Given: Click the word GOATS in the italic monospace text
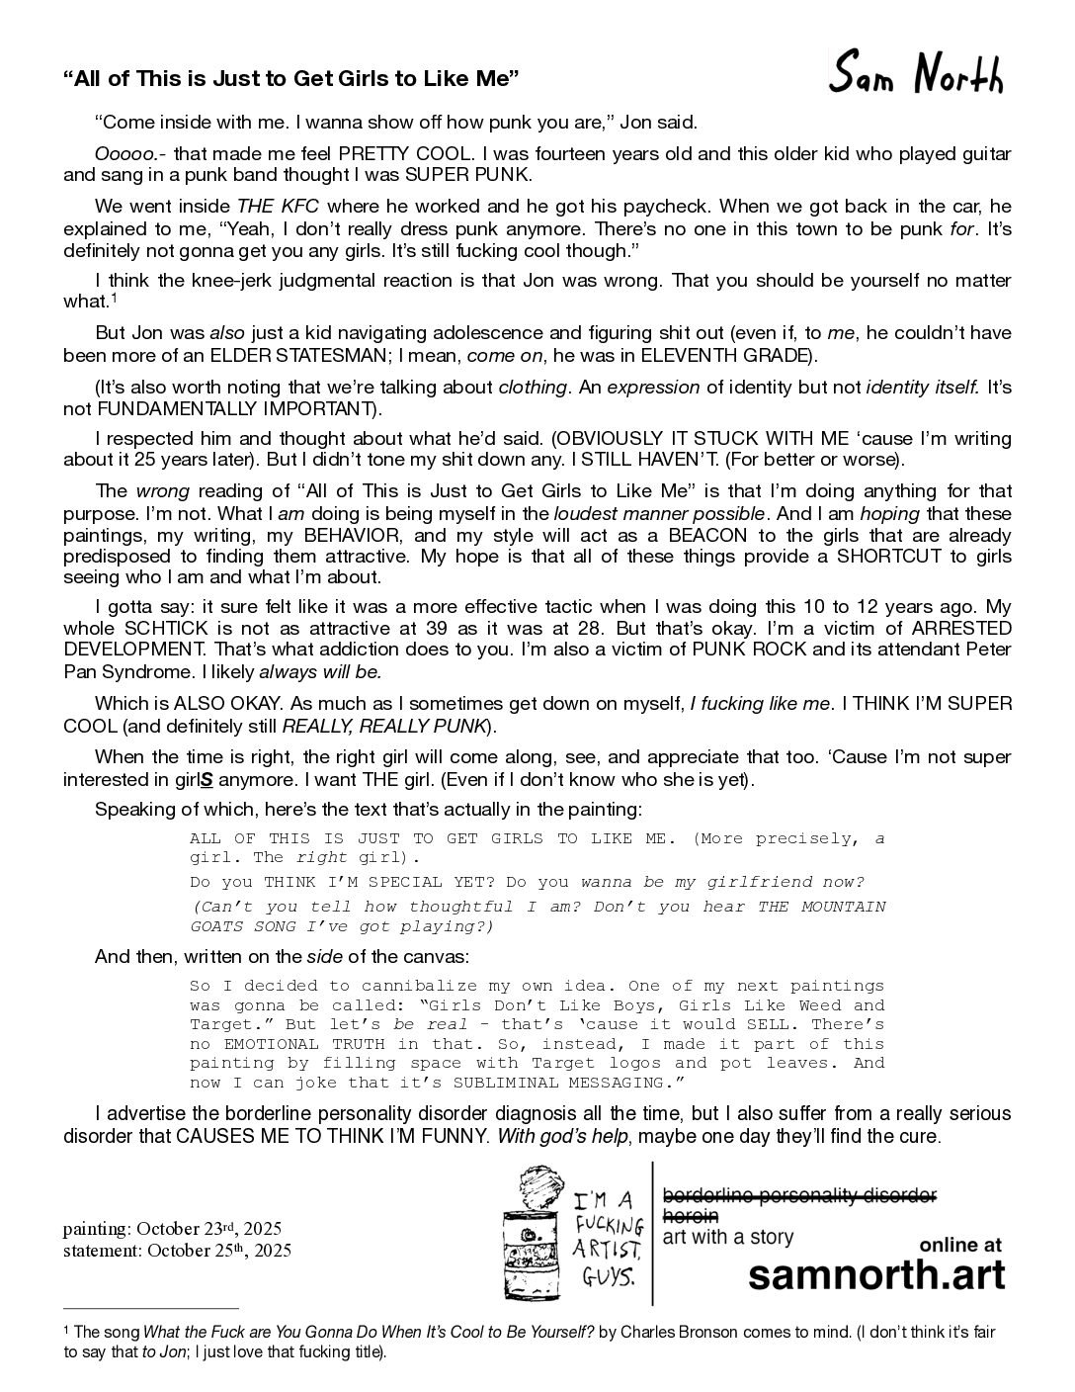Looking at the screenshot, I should pyautogui.click(x=221, y=926).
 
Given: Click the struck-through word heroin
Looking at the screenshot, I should pyautogui.click(x=690, y=1215).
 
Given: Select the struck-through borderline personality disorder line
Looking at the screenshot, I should pyautogui.click(x=798, y=1195).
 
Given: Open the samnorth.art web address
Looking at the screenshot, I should pyautogui.click(x=876, y=1274).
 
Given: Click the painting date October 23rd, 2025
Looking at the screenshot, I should pyautogui.click(x=172, y=1228).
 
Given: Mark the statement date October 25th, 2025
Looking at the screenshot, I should pyautogui.click(x=177, y=1250).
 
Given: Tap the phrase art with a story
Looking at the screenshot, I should pyautogui.click(x=728, y=1237).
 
